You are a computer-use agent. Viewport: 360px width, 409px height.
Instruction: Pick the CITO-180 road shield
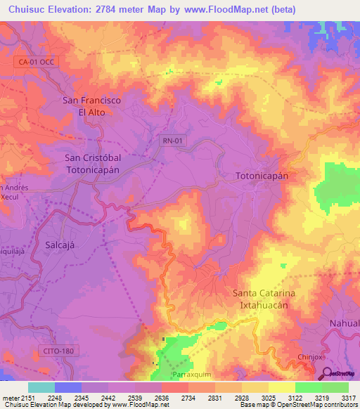56,349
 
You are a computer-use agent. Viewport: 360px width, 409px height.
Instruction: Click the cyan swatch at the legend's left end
41,387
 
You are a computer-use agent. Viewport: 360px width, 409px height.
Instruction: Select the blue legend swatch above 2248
67,387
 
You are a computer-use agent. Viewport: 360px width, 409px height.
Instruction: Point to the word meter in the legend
11,398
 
